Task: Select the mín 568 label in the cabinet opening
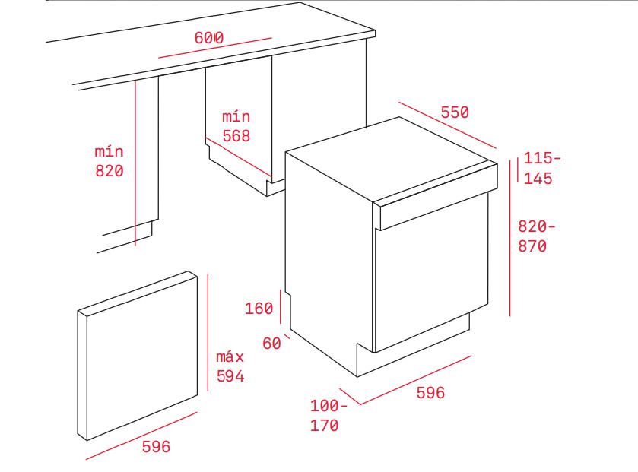(236, 126)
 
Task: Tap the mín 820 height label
(109, 161)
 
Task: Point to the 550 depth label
(455, 112)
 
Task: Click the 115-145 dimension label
(542, 168)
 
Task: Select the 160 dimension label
(259, 308)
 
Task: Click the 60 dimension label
(271, 344)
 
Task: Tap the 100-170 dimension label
(329, 416)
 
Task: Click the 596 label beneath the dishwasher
(430, 393)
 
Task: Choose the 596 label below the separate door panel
(157, 447)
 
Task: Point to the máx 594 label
(230, 366)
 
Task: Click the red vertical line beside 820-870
(509, 237)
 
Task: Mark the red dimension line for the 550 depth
(446, 125)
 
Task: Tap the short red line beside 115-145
(518, 169)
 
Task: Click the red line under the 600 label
(214, 47)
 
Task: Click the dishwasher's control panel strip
(433, 204)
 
